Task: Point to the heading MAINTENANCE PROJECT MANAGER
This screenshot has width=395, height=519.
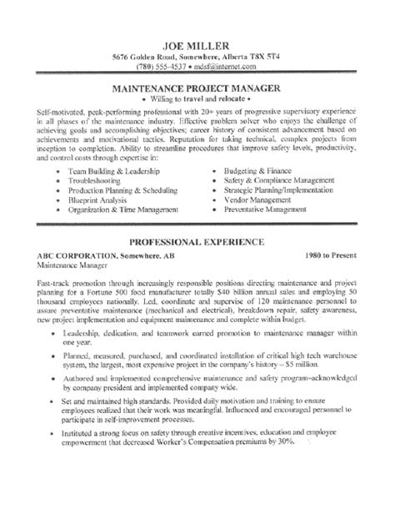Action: click(197, 87)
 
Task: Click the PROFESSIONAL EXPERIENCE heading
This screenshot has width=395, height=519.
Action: click(197, 241)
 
